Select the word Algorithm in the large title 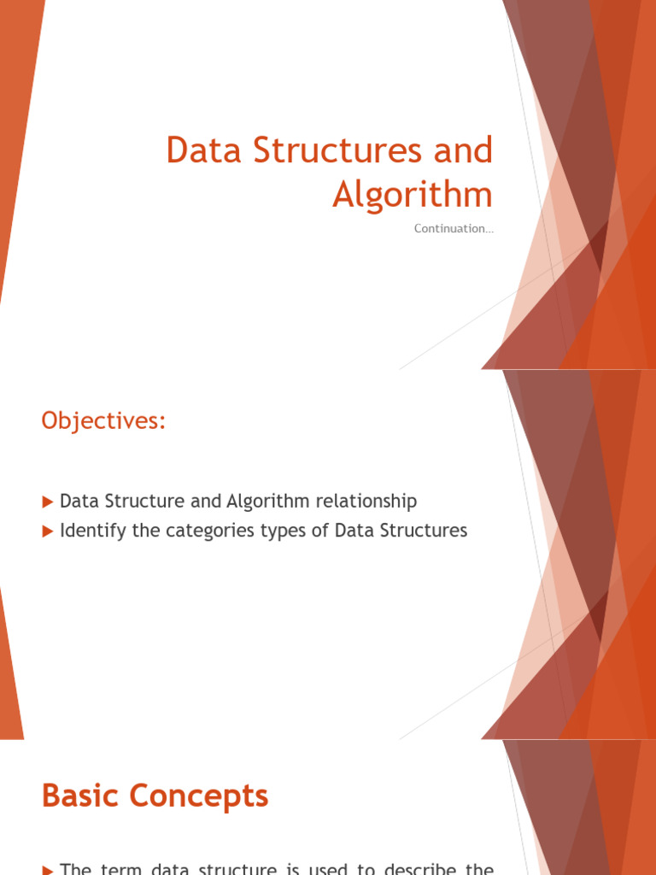(413, 195)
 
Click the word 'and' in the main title (465, 151)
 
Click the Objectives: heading (102, 420)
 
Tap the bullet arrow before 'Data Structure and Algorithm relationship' (48, 502)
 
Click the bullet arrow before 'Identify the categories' (48, 531)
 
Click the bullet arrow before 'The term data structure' (48, 870)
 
